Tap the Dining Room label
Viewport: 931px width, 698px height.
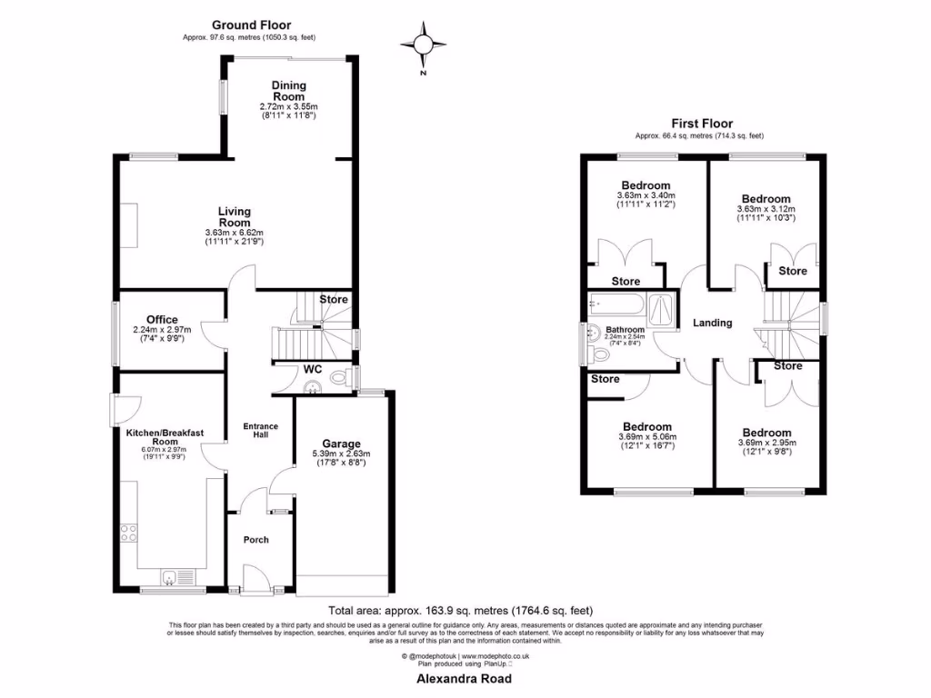289,91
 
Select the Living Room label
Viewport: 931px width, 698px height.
234,217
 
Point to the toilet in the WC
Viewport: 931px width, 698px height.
340,378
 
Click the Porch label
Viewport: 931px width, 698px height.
256,540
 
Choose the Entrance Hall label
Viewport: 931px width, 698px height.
260,431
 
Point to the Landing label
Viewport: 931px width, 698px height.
712,323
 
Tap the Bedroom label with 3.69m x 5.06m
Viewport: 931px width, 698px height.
646,426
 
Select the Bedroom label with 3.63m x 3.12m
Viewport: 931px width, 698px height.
766,199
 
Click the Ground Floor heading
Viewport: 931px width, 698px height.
252,25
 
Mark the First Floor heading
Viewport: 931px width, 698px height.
701,124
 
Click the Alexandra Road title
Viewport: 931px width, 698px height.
464,679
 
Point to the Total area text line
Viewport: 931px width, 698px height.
465,611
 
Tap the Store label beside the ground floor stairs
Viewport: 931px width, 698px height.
333,299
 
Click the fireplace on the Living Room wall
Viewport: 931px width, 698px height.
131,225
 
